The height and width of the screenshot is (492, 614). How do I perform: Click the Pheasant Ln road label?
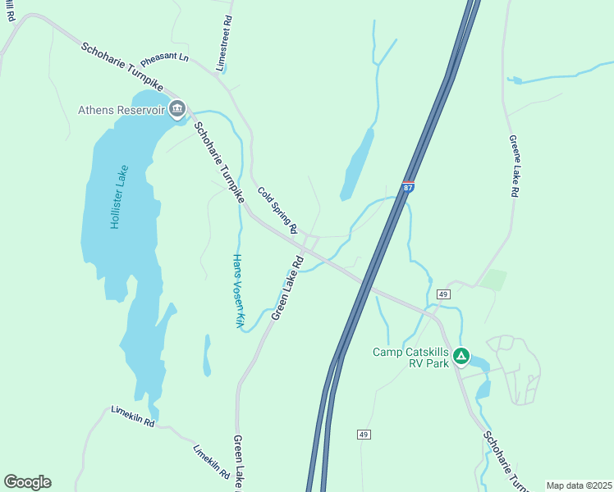point(164,61)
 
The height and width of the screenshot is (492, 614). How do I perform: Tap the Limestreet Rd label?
point(224,43)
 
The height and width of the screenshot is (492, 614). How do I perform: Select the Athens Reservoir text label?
point(121,110)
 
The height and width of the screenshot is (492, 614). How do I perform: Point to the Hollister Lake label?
point(119,197)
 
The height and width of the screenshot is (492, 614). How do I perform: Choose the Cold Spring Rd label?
point(277,211)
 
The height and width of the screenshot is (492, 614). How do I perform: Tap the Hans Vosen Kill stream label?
point(236,290)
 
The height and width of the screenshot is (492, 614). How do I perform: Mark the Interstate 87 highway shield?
point(409,187)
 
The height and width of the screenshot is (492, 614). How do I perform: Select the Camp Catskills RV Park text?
point(411,358)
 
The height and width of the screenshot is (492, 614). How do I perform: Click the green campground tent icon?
point(461,357)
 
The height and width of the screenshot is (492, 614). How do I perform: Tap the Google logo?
point(27,482)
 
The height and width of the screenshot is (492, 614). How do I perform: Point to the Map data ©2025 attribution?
point(579,485)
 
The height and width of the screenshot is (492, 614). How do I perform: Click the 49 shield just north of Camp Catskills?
point(443,294)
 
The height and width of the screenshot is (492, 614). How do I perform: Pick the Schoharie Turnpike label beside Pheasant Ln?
point(121,66)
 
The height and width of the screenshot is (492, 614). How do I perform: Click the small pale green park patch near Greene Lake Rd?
point(493,280)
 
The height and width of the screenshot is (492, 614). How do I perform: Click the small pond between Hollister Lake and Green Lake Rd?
point(207,354)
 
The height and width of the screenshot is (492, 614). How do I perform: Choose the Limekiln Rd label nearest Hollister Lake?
point(132,417)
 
